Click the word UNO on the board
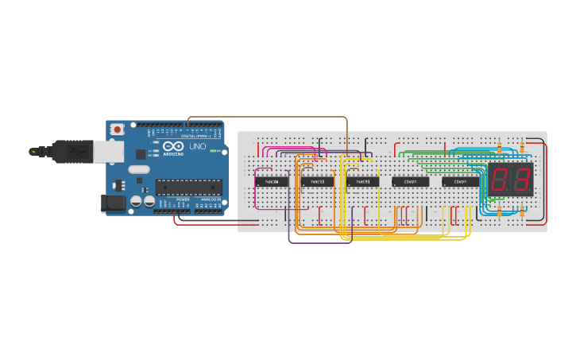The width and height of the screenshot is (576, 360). click(x=196, y=147)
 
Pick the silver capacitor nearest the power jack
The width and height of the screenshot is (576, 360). click(x=136, y=203)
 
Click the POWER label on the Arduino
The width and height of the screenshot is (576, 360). click(x=183, y=199)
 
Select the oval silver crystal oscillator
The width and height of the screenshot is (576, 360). click(x=138, y=168)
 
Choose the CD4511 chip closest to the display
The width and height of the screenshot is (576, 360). click(x=460, y=182)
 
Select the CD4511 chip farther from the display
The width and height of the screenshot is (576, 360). click(x=410, y=182)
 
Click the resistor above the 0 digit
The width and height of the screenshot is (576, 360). click(x=499, y=148)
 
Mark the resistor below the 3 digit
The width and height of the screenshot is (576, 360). click(x=522, y=211)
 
